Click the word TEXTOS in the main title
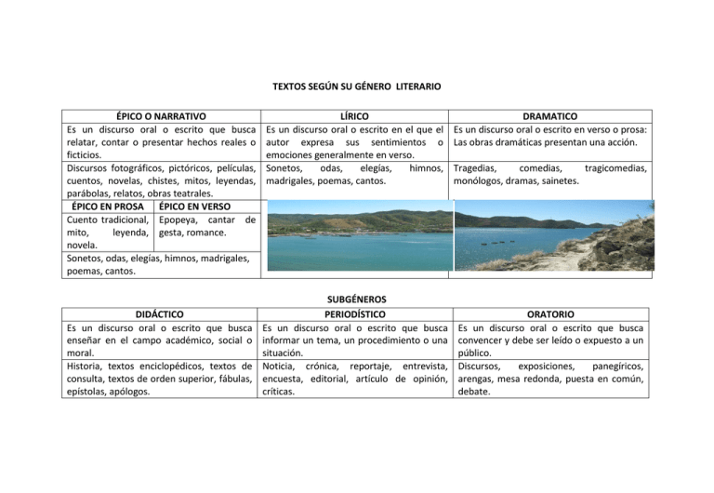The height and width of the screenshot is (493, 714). tap(291, 87)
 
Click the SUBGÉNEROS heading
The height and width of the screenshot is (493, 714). tap(356, 300)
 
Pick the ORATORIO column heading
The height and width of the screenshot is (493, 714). tap(549, 314)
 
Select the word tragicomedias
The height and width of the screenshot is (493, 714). tap(612, 168)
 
